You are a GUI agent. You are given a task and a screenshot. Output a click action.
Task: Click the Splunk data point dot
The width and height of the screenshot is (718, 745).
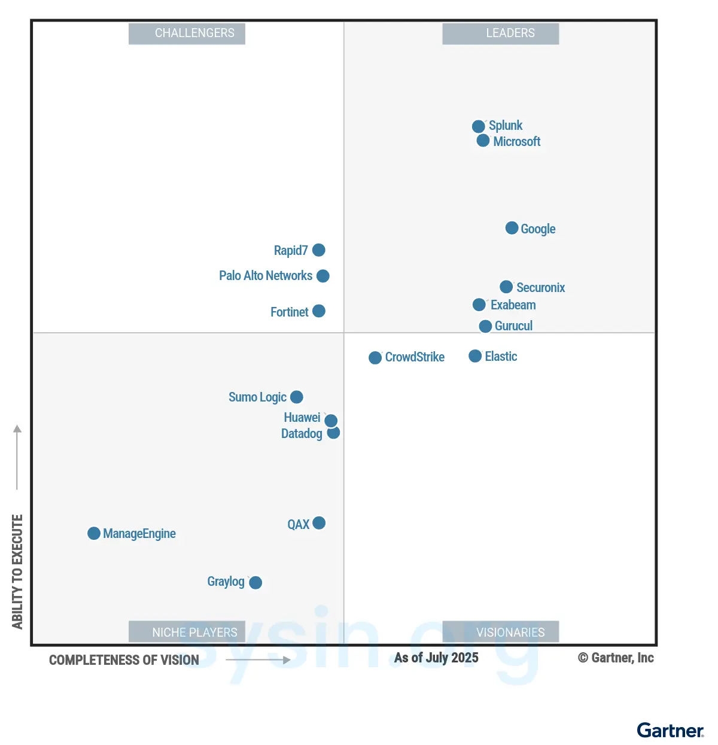[x=478, y=126]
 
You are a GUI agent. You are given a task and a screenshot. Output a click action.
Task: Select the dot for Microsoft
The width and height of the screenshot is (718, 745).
[x=483, y=141]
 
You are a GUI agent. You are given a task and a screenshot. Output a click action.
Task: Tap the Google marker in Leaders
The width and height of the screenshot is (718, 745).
[x=512, y=228]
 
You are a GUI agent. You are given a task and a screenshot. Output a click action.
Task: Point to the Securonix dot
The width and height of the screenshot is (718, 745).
[x=506, y=287]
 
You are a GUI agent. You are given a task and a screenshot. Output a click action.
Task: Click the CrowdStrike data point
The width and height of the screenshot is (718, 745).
[x=375, y=358]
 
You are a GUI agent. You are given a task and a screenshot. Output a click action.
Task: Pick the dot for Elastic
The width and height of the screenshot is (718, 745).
[x=475, y=356]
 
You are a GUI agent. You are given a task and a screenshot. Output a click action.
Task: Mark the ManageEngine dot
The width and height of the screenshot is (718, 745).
[x=94, y=533]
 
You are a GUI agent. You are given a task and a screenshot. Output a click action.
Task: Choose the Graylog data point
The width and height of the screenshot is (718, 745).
[x=255, y=582]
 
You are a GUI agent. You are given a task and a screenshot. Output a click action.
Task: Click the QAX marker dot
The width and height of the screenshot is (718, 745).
[x=319, y=523]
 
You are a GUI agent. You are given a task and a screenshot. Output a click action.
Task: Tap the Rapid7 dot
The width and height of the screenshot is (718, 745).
[x=319, y=250]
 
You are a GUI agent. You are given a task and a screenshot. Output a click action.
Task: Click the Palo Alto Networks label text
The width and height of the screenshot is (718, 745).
[x=266, y=276]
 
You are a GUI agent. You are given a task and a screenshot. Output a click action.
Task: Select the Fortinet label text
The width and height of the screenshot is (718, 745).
[x=290, y=312]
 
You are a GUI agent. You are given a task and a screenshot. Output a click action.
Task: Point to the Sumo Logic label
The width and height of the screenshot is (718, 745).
[x=257, y=397]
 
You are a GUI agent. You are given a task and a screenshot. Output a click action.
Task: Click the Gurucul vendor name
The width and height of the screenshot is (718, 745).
[x=513, y=326]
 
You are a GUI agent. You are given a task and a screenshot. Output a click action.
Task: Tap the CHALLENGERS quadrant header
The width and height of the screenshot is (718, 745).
[x=187, y=34]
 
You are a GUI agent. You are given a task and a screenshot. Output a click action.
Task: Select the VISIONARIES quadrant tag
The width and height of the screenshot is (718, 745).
[x=501, y=632]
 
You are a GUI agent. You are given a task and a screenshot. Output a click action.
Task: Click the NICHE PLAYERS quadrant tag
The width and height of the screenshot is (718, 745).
[x=187, y=632]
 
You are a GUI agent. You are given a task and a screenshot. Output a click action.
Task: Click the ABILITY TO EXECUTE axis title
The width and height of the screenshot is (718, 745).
[x=17, y=571]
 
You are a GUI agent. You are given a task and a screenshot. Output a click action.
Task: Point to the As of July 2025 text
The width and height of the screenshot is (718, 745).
[x=436, y=658]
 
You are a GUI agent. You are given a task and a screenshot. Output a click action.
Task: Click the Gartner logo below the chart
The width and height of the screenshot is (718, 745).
[x=670, y=731]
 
